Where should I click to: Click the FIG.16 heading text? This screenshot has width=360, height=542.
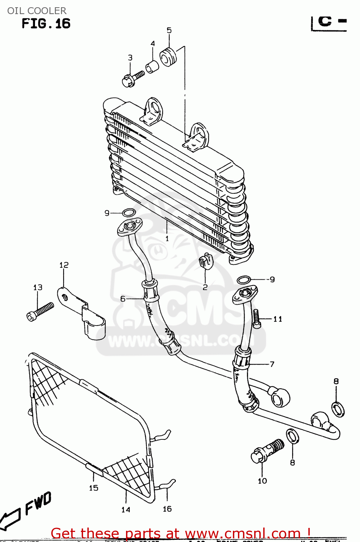click(x=46, y=24)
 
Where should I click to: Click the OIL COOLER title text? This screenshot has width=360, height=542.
click(x=37, y=10)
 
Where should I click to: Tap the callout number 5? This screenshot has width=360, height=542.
click(x=169, y=31)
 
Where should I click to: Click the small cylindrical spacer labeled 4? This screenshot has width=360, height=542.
click(x=152, y=67)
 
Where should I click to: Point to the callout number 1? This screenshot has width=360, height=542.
click(x=167, y=238)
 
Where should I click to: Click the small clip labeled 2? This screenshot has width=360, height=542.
click(x=205, y=261)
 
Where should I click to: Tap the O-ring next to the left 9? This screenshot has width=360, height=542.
click(x=129, y=212)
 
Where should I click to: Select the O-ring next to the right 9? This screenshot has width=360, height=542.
click(x=244, y=279)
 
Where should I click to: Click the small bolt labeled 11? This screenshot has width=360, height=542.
click(x=256, y=319)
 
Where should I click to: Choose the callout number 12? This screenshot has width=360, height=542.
click(x=64, y=265)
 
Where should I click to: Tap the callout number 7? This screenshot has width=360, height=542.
click(x=272, y=364)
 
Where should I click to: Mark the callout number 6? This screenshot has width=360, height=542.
click(x=123, y=299)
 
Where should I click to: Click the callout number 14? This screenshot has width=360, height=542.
click(x=126, y=509)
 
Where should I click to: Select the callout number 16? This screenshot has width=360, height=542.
click(x=167, y=509)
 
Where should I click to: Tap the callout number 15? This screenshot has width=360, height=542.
click(x=94, y=488)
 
